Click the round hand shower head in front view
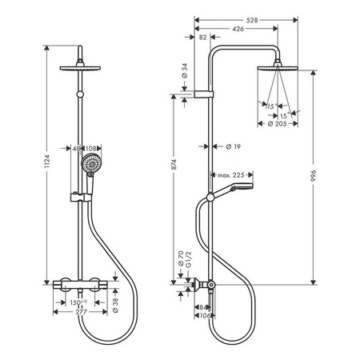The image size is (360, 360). coord(88,167)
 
